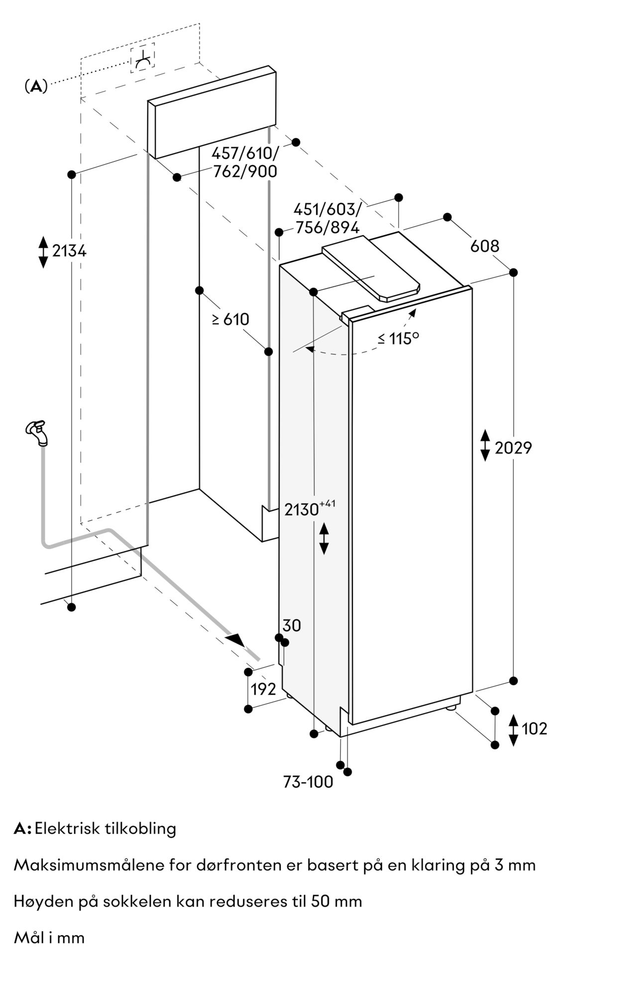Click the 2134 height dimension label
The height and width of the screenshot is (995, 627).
pos(69,251)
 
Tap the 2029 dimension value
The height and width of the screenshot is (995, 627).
pos(513,448)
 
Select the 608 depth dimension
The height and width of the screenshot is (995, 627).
pos(485,246)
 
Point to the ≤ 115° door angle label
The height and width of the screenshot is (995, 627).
pos(398,338)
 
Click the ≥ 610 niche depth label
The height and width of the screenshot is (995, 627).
pos(230,319)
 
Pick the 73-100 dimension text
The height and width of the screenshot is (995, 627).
pos(308,782)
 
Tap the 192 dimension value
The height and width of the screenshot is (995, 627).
pos(263,689)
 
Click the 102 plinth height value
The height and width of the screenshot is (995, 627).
pos(534,728)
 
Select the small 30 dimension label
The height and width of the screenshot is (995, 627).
pos(292,625)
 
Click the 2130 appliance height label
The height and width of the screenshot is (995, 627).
pos(302,509)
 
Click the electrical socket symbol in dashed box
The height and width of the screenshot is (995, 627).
pos(143,58)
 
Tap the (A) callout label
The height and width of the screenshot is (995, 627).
pos(36,86)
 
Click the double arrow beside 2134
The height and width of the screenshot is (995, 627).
pos(43,251)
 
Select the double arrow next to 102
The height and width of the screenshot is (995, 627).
pos(514,729)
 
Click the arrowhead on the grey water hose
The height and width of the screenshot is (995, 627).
pos(236,640)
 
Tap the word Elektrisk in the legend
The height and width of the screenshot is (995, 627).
pos(67,828)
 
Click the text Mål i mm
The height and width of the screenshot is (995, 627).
pos(49,938)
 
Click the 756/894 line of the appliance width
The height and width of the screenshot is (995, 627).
pos(327,227)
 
